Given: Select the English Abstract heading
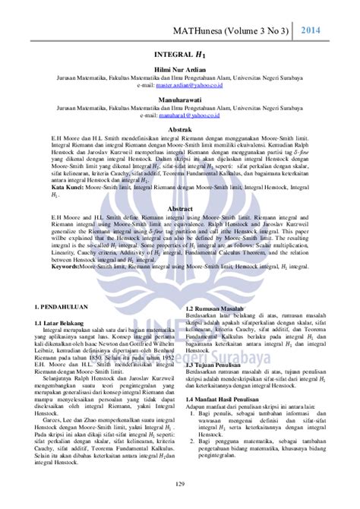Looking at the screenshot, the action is click(179, 207).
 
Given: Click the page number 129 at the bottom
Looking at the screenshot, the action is click(180, 485).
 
